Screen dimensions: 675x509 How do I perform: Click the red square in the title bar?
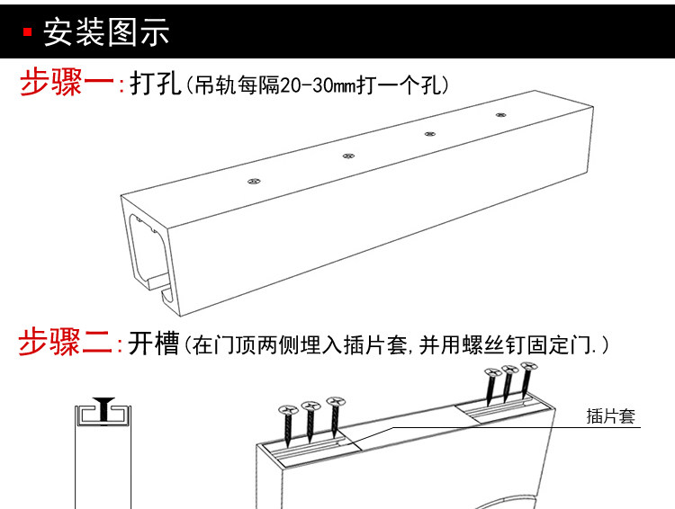28,31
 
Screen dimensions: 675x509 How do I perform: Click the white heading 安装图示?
106,31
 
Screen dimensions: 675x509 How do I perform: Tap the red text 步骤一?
67,82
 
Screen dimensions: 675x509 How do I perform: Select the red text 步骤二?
65,342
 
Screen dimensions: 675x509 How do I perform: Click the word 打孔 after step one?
155,83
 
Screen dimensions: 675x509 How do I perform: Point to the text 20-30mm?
318,85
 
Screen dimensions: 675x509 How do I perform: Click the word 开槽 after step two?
153,343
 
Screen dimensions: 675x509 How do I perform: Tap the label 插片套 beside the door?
610,416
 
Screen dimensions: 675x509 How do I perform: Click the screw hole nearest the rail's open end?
254,181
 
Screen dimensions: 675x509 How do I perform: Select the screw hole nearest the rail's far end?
500,115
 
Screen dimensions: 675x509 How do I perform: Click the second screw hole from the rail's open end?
348,156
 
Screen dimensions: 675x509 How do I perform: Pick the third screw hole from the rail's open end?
429,134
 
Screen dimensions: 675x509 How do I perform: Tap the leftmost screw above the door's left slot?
288,424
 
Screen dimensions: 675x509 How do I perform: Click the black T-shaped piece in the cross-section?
103,409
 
